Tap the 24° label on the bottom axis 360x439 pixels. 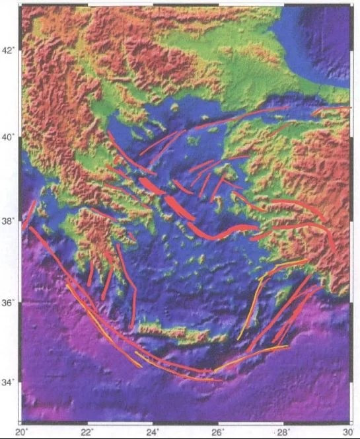pos(153,432)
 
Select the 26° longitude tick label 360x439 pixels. pos(218,432)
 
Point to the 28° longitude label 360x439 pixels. pos(283,432)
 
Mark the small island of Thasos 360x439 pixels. pos(174,107)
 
